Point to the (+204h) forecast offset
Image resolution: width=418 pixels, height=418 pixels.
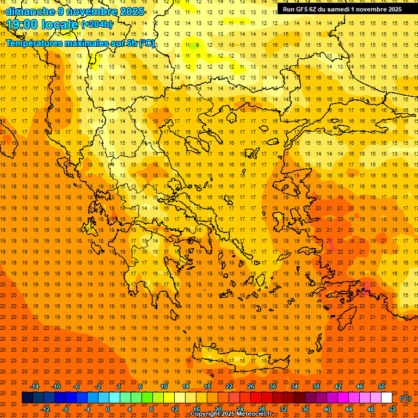[97, 24]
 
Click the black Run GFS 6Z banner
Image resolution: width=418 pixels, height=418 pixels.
[342, 9]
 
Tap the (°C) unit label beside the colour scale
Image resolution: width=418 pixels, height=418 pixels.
[405, 398]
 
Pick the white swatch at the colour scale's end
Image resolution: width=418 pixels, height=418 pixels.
[386, 398]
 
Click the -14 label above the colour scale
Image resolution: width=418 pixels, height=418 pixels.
[34, 386]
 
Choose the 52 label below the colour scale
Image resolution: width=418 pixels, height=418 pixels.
[392, 409]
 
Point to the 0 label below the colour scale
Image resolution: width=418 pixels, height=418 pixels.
[108, 409]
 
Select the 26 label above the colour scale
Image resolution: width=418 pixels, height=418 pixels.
[251, 386]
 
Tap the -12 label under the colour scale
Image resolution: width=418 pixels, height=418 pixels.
[45, 409]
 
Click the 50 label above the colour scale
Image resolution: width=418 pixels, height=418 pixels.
[382, 386]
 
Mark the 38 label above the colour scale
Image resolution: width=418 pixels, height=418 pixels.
[316, 386]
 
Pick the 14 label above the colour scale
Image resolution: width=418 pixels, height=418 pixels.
[186, 386]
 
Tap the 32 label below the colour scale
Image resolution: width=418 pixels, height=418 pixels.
[284, 409]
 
